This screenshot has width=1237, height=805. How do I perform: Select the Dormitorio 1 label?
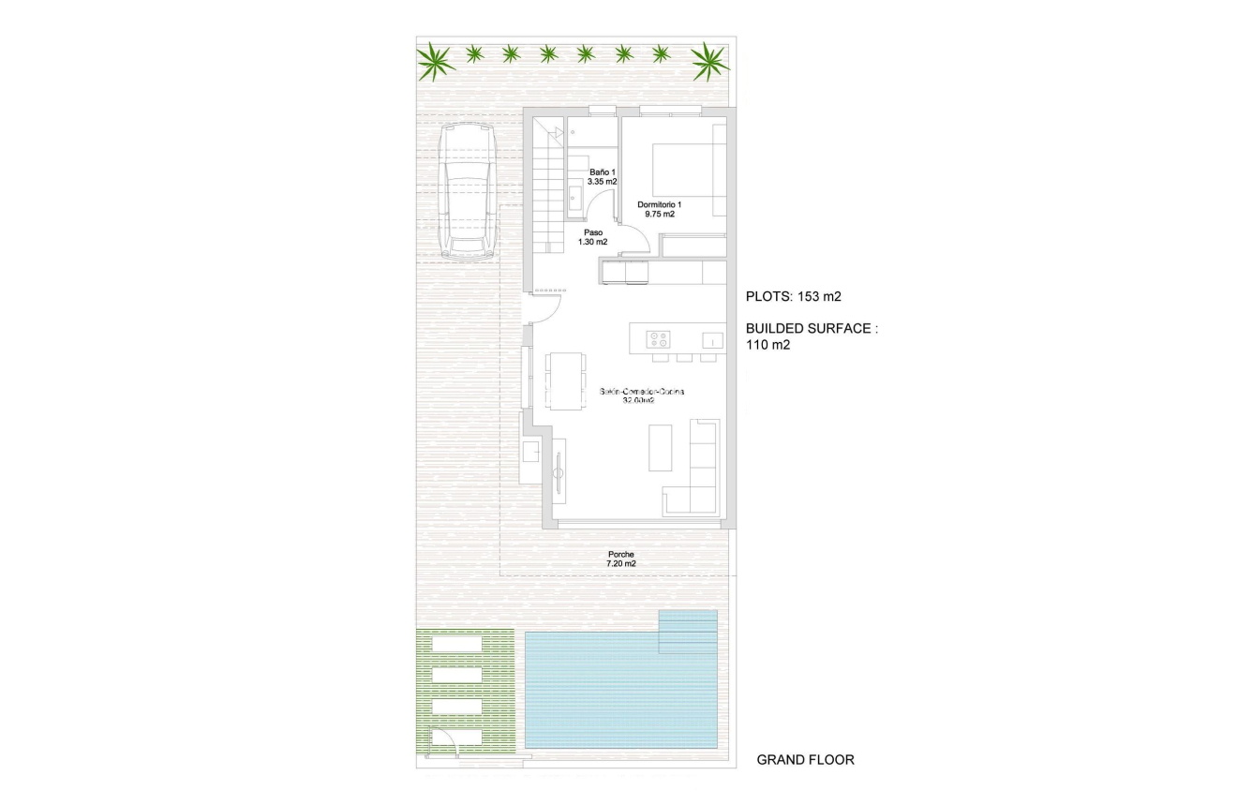pos(660,209)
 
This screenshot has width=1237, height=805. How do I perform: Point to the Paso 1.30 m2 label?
pos(592,237)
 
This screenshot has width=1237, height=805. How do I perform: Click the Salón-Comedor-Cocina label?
pos(642,396)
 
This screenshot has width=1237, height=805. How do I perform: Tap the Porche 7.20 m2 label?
pos(620,559)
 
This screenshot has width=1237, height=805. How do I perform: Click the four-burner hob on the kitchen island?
pos(659,340)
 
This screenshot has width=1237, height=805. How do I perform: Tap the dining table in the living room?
pos(565,380)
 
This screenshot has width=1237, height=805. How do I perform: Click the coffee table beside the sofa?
pos(661,448)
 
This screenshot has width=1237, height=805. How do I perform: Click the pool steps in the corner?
pos(688,631)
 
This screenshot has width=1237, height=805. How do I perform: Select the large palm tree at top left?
pos(436,61)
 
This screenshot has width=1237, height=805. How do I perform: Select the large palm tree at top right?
pos(709,61)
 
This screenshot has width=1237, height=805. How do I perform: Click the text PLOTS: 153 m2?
pos(793,297)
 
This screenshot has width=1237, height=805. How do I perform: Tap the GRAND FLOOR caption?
pos(805,760)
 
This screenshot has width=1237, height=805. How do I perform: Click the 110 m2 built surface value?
pos(768,345)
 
